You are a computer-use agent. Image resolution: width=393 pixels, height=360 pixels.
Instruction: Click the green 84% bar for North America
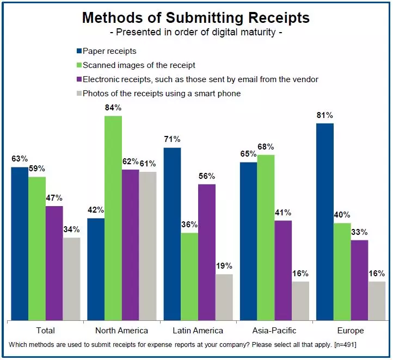tap(113, 218)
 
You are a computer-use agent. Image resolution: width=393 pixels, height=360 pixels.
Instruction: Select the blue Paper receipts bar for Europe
tap(324, 221)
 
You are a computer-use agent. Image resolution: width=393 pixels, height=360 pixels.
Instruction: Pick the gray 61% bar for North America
tap(148, 246)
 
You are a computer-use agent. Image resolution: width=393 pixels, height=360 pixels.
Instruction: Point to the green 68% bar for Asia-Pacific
tap(266, 237)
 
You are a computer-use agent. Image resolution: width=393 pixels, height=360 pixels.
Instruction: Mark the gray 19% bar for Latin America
tap(224, 297)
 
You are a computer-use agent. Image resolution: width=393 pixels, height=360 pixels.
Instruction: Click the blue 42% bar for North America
tap(96, 269)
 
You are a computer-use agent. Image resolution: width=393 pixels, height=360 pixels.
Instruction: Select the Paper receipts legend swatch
tap(79, 51)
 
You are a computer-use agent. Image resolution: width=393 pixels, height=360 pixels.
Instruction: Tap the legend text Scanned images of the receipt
tap(139, 65)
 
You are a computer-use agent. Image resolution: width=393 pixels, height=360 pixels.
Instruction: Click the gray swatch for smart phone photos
tap(79, 94)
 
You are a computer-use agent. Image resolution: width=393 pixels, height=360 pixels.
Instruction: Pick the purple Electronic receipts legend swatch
tap(79, 79)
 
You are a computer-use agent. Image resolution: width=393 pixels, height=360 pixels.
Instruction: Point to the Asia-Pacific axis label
tap(274, 330)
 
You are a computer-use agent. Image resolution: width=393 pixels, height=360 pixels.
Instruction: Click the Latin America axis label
tap(197, 330)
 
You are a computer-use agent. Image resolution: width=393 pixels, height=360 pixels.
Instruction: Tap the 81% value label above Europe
tap(325, 115)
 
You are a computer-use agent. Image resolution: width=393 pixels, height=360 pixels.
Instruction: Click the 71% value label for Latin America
tap(173, 140)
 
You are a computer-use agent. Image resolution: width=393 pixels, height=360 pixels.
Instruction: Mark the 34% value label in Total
tap(71, 229)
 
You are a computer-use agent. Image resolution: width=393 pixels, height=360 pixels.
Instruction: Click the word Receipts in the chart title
tap(275, 17)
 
